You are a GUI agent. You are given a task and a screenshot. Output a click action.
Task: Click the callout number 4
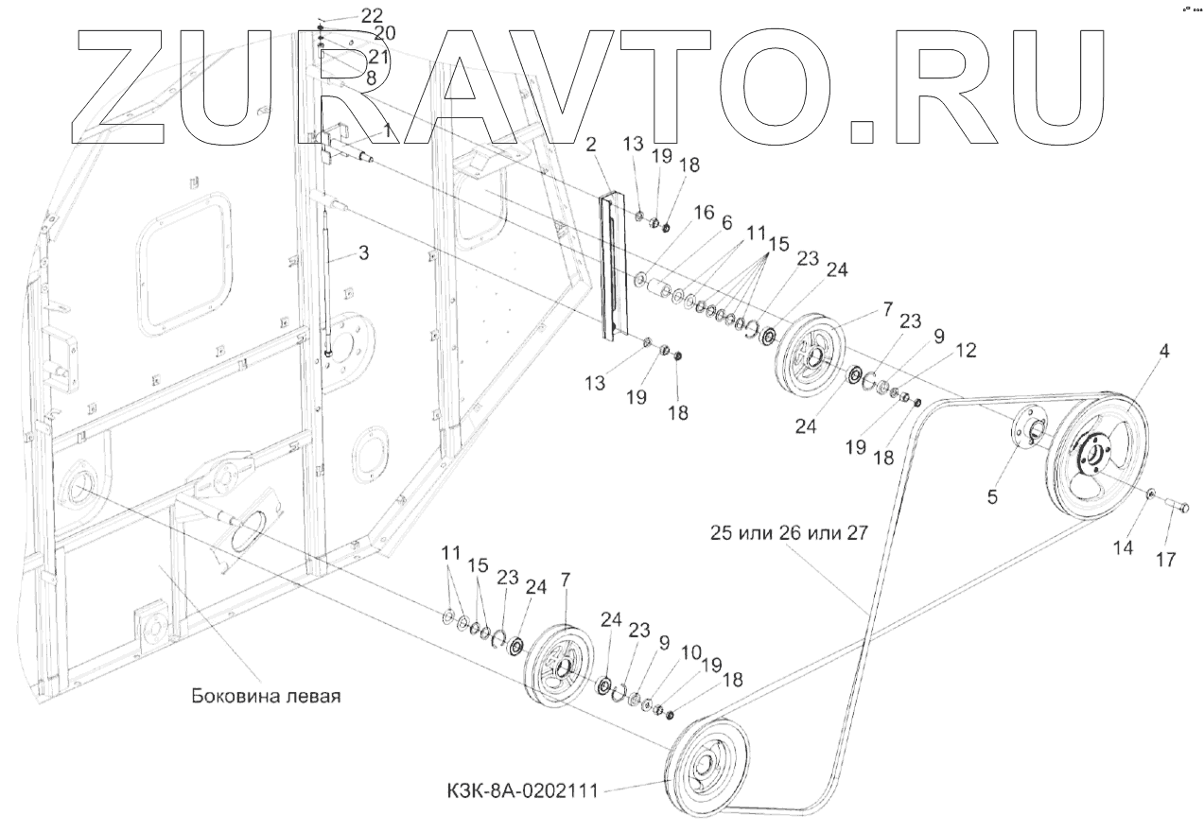click(1163, 352)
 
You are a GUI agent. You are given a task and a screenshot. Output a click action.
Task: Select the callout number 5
click(992, 495)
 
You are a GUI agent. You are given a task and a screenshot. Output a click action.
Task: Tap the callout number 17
click(1165, 560)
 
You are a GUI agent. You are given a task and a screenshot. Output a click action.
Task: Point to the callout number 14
click(1123, 546)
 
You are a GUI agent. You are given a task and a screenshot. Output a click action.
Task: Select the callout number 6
click(725, 224)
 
